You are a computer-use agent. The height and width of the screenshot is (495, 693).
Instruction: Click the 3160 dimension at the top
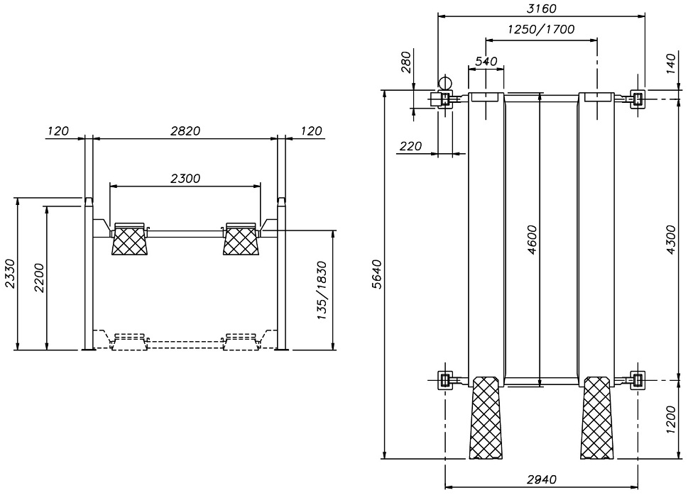pyautogui.click(x=541, y=9)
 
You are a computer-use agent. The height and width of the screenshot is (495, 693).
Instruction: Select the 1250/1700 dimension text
pyautogui.click(x=541, y=30)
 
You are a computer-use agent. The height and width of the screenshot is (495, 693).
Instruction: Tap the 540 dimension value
pyautogui.click(x=486, y=61)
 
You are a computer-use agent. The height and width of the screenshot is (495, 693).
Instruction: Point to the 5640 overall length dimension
pyautogui.click(x=377, y=274)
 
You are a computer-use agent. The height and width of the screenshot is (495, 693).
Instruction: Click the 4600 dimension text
pyautogui.click(x=532, y=240)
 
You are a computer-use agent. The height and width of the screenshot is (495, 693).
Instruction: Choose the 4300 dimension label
pyautogui.click(x=671, y=240)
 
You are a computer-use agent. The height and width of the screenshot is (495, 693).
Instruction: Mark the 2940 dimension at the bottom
pyautogui.click(x=542, y=479)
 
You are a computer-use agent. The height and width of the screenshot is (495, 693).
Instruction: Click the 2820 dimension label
pyautogui.click(x=185, y=130)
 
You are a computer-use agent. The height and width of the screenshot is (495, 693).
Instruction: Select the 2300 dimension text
pyautogui.click(x=185, y=179)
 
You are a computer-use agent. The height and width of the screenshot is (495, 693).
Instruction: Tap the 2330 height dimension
pyautogui.click(x=10, y=274)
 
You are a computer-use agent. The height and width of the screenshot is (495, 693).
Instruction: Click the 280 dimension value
pyautogui.click(x=405, y=62)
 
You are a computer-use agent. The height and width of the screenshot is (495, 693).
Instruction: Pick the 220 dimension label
pyautogui.click(x=410, y=145)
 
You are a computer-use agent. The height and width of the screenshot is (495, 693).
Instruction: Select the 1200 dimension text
pyautogui.click(x=671, y=420)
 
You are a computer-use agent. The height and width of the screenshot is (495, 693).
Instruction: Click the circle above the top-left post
pyautogui.click(x=445, y=82)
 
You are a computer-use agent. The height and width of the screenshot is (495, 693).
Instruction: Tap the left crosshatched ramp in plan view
pyautogui.click(x=486, y=418)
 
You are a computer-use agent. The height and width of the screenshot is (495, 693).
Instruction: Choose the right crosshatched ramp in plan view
pyautogui.click(x=597, y=418)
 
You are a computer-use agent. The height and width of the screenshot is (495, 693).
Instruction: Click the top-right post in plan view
pyautogui.click(x=638, y=99)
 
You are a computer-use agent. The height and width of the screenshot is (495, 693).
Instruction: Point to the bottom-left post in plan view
pyautogui.click(x=445, y=379)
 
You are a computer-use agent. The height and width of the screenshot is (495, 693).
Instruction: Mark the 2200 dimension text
pyautogui.click(x=39, y=278)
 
